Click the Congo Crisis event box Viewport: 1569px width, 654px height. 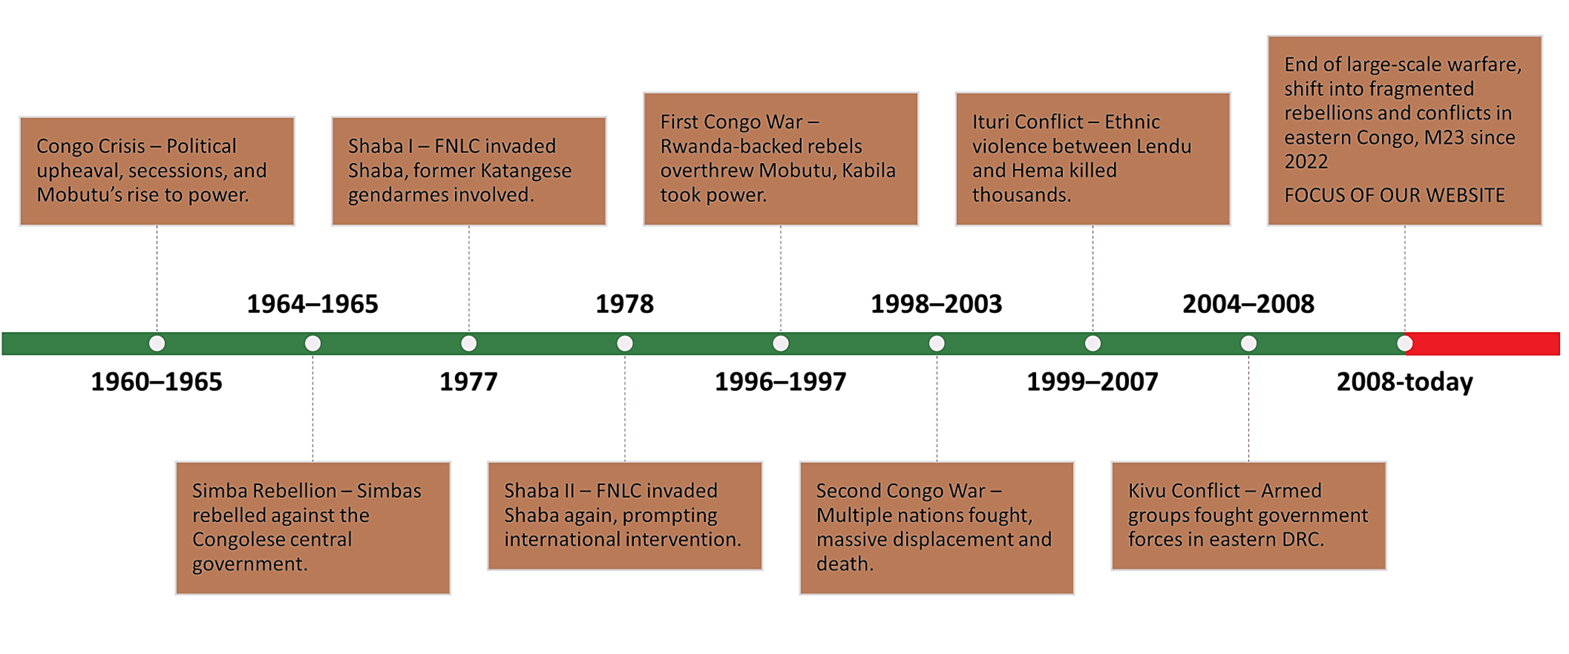pos(156,171)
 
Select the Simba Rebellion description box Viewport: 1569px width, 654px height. pos(312,527)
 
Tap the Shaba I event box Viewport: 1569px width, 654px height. pos(469,171)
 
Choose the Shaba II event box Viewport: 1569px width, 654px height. pos(625,515)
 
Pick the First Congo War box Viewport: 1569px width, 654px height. pos(780,158)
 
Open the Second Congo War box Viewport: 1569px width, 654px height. pos(937,527)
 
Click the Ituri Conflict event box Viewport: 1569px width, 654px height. pos(1092,158)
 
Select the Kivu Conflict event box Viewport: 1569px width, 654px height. pos(1248,515)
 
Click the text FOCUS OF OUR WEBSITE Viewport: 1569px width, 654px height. pos(1394,195)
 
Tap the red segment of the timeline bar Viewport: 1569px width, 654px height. pos(1483,344)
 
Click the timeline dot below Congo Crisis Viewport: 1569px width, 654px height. pos(157,344)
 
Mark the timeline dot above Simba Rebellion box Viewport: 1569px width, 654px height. pos(312,344)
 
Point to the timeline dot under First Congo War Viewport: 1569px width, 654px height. pos(780,344)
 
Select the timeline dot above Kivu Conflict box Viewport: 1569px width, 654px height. pos(1248,344)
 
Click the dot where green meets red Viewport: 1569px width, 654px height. pos(1404,344)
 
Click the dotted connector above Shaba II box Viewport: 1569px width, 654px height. pos(625,408)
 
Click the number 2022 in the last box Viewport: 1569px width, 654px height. pos(1306,162)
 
